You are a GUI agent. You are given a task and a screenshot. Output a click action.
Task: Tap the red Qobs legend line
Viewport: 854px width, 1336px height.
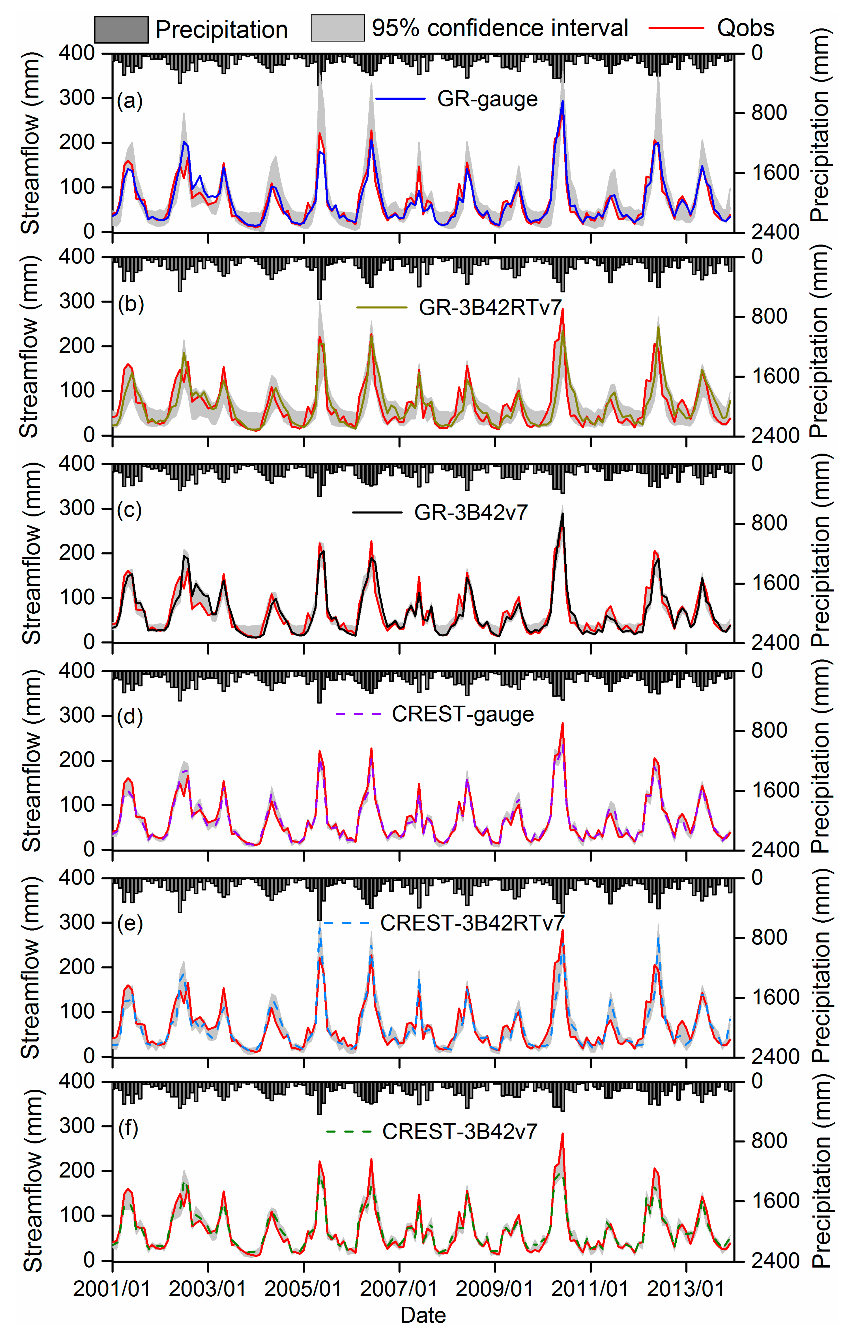click(676, 28)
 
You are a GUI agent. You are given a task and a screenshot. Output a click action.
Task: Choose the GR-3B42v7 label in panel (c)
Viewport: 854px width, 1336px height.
click(471, 512)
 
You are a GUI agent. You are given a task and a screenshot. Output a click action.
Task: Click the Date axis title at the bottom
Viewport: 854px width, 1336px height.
click(423, 1315)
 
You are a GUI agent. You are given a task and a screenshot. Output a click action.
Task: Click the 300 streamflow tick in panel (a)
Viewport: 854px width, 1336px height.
click(77, 98)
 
